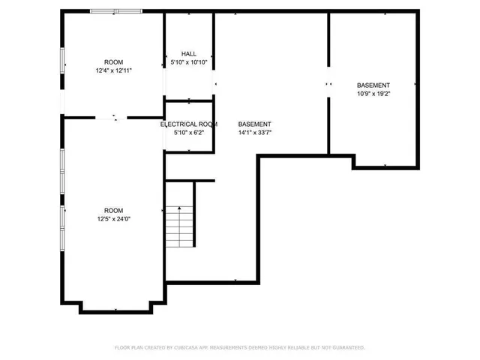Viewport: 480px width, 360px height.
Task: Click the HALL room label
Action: pyautogui.click(x=188, y=54)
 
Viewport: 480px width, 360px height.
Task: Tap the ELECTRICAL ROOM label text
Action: pyautogui.click(x=189, y=124)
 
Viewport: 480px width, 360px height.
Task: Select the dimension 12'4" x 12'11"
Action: pyautogui.click(x=114, y=70)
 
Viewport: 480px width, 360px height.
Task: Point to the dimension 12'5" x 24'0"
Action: pyautogui.click(x=114, y=219)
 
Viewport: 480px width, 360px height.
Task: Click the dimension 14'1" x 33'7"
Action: pyautogui.click(x=254, y=133)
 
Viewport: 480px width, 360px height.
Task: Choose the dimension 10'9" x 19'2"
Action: pyautogui.click(x=373, y=94)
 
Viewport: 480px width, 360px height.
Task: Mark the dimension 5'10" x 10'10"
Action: pyautogui.click(x=188, y=62)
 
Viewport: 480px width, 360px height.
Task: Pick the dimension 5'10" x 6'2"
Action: pyautogui.click(x=188, y=133)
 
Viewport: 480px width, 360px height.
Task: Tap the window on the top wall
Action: pyautogui.click(x=115, y=11)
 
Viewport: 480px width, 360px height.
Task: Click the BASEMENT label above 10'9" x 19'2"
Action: pyautogui.click(x=373, y=85)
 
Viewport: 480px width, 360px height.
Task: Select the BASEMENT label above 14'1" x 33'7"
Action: pyautogui.click(x=254, y=124)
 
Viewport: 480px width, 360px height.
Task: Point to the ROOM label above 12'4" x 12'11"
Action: pyautogui.click(x=114, y=62)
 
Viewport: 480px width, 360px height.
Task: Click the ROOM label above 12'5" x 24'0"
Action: pyautogui.click(x=114, y=211)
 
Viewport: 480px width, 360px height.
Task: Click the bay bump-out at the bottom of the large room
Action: pyautogui.click(x=116, y=307)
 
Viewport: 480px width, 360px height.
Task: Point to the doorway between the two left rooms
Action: pyautogui.click(x=115, y=117)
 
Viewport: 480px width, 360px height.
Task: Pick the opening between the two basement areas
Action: pyautogui.click(x=328, y=85)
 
